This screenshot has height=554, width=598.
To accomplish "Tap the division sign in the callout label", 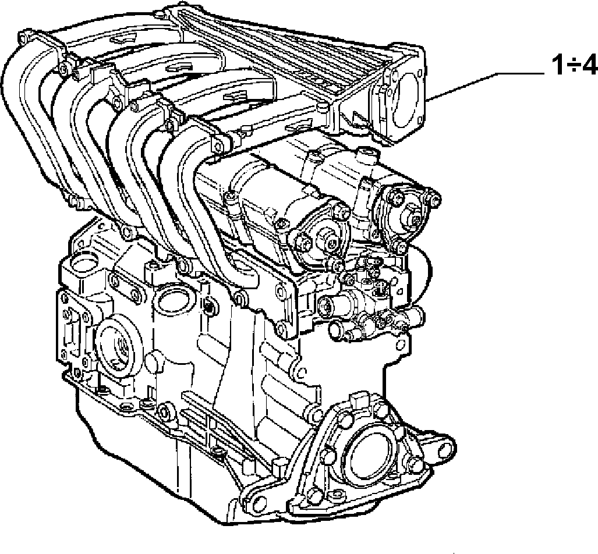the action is [573, 66].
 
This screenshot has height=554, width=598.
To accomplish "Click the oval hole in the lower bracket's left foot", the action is [257, 500].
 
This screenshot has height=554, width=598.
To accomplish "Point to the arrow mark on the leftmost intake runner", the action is [123, 38].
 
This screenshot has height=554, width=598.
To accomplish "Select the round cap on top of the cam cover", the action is [367, 154].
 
